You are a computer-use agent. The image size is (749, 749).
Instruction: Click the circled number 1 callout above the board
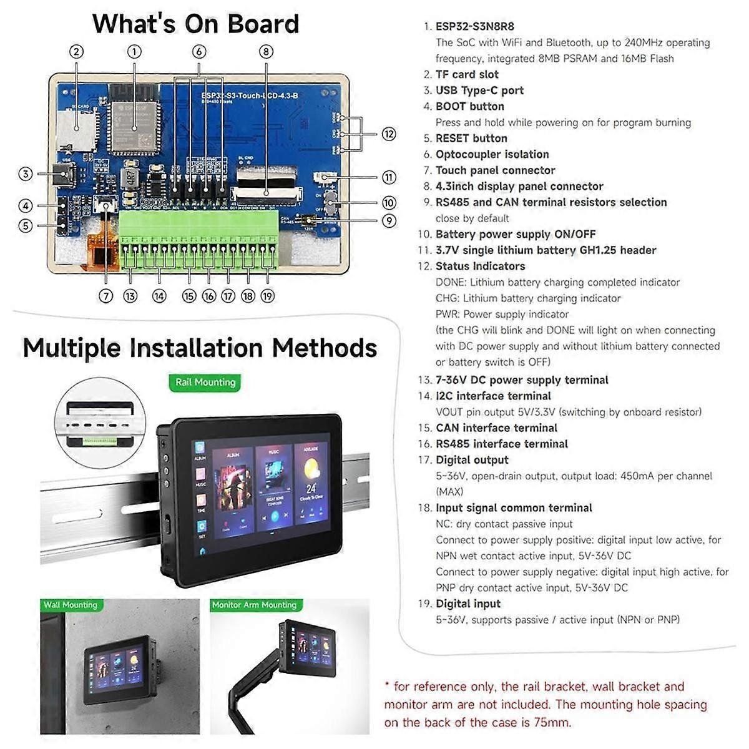point(134,52)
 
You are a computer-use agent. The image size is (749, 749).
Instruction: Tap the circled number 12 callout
point(389,134)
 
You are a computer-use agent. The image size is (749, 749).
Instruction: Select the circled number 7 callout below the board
point(106,296)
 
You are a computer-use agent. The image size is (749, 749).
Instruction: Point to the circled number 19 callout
point(268,296)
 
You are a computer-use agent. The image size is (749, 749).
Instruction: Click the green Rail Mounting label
point(205,382)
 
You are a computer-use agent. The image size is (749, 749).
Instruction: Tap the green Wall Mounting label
point(70,605)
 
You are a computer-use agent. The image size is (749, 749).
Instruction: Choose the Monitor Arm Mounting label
point(254,605)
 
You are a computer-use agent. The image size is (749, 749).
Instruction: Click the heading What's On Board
point(195,24)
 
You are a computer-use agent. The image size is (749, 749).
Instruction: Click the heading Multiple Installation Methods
point(200,348)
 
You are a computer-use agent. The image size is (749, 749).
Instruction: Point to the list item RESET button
point(471,139)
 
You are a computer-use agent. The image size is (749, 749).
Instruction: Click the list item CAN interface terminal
point(496,428)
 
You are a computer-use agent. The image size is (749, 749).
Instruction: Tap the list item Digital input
point(468,604)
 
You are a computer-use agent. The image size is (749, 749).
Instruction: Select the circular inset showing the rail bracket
point(100,423)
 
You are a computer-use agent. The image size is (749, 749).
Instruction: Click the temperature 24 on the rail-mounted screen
point(310,488)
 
